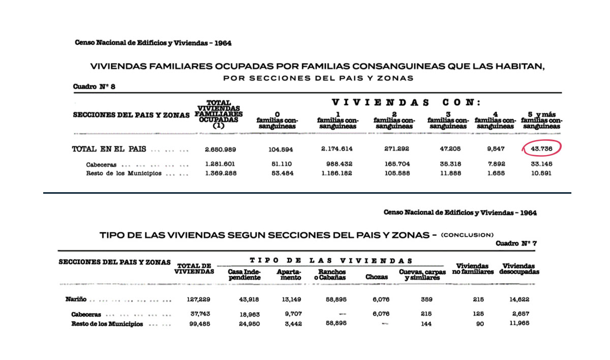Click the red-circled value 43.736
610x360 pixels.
click(542, 148)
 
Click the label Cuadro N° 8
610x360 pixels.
click(95, 87)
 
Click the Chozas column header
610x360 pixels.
click(377, 277)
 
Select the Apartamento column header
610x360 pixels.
click(289, 275)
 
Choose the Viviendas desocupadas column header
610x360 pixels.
click(520, 269)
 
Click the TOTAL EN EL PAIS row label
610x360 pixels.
click(109, 149)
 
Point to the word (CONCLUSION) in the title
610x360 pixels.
click(467, 235)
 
